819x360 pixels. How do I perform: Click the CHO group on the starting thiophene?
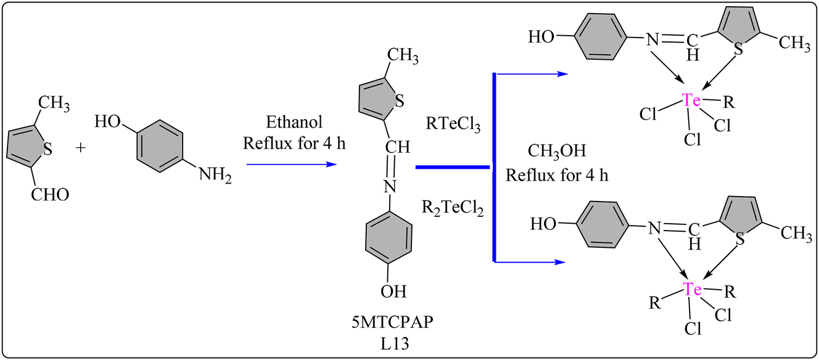pos(50,195)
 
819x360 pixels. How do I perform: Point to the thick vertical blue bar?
pos(495,167)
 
